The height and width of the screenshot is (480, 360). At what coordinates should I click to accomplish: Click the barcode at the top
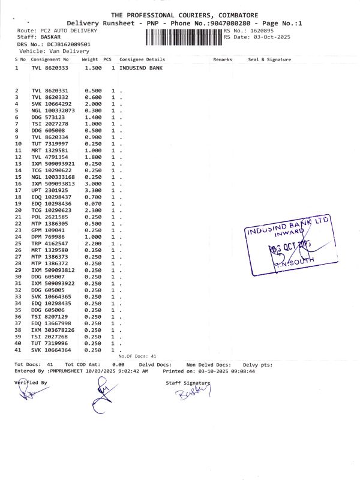click(x=184, y=37)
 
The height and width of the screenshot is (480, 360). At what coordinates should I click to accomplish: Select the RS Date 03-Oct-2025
click(x=269, y=37)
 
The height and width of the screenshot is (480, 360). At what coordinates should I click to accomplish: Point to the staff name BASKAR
click(x=52, y=37)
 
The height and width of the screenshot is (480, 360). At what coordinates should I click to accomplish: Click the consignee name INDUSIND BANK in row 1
click(x=141, y=68)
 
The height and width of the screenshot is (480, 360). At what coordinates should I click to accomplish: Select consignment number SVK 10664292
click(x=52, y=104)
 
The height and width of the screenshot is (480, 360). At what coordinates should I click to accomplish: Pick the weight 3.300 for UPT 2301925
click(x=93, y=190)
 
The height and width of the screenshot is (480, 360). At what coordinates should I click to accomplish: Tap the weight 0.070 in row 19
click(x=93, y=203)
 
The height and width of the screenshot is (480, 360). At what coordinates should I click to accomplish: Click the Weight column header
click(x=90, y=59)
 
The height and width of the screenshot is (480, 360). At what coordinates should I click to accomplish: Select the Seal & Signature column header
click(x=269, y=59)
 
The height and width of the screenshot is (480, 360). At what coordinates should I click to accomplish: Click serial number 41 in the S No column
click(x=18, y=349)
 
